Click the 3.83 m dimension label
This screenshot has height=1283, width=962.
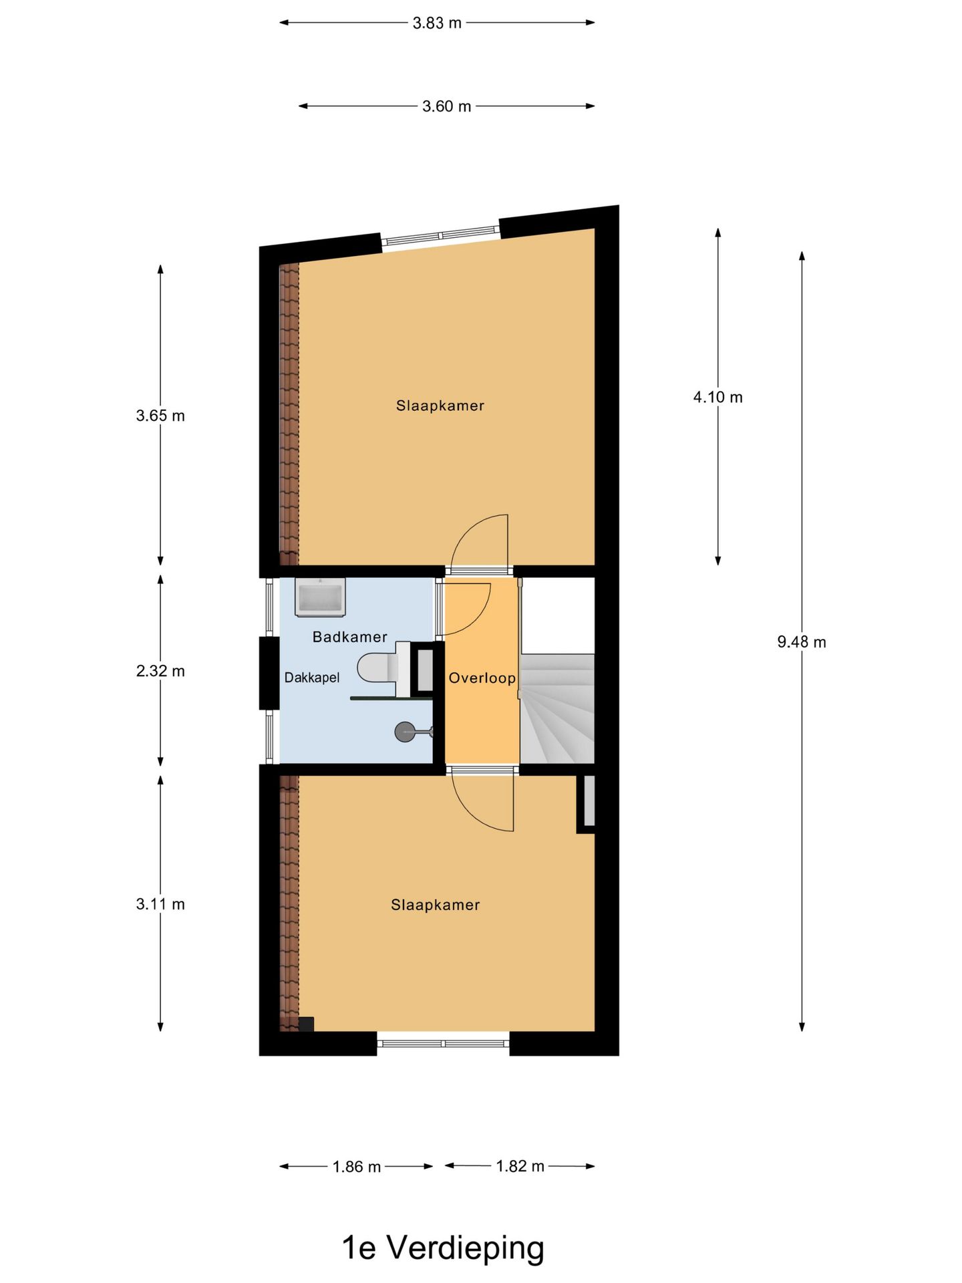pyautogui.click(x=437, y=23)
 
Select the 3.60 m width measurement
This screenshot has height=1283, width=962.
pyautogui.click(x=446, y=107)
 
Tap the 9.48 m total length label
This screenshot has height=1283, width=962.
pyautogui.click(x=801, y=642)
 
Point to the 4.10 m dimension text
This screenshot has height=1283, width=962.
pyautogui.click(x=717, y=398)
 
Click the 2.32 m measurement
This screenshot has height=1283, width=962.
pyautogui.click(x=160, y=671)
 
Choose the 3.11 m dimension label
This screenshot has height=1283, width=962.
pyautogui.click(x=160, y=904)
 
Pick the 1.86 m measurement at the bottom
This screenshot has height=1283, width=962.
pyautogui.click(x=357, y=1167)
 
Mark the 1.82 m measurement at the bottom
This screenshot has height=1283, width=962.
pyautogui.click(x=520, y=1166)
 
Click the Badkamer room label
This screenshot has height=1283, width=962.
pyautogui.click(x=350, y=637)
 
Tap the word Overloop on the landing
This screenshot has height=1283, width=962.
pyautogui.click(x=482, y=678)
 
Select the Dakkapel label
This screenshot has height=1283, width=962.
pyautogui.click(x=312, y=678)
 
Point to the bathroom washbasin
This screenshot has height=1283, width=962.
pyautogui.click(x=320, y=597)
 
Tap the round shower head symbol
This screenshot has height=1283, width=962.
pyautogui.click(x=405, y=732)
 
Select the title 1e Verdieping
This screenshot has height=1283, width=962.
pyautogui.click(x=443, y=1248)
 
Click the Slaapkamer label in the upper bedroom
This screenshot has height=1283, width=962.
pyautogui.click(x=440, y=406)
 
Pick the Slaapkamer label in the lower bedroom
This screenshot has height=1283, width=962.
pyautogui.click(x=435, y=905)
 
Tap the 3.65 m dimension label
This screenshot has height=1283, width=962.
pyautogui.click(x=160, y=416)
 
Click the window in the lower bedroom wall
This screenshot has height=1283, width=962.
pyautogui.click(x=444, y=1043)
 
